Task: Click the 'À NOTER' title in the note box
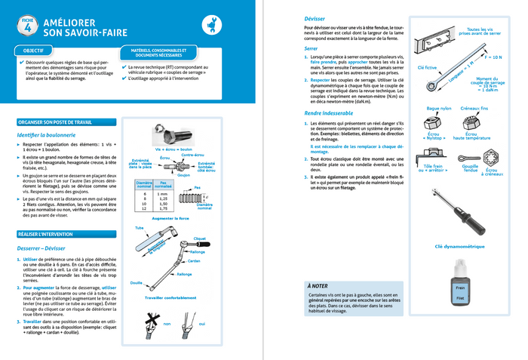318,287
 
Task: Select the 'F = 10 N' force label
493,57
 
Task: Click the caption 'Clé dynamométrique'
456,246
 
